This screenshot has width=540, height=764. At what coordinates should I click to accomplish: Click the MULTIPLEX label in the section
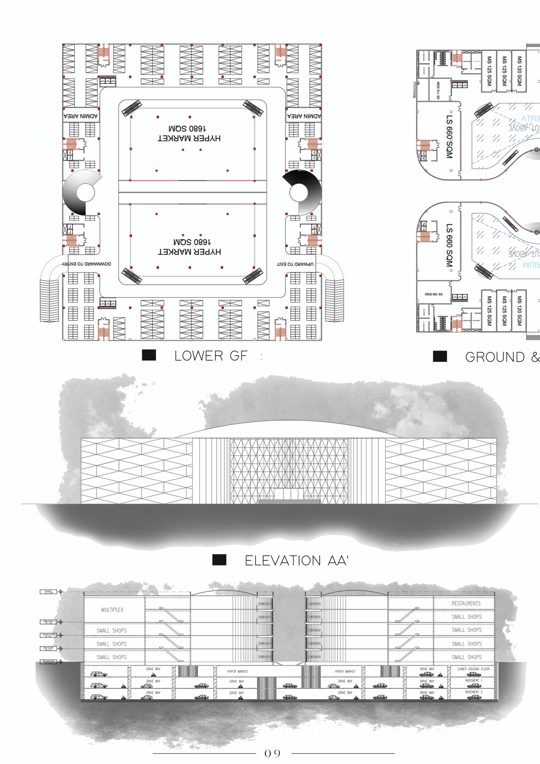[x=112, y=610]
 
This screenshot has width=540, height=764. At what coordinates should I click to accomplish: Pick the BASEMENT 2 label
[x=474, y=692]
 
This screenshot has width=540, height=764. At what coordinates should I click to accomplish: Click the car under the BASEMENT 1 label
[x=474, y=686]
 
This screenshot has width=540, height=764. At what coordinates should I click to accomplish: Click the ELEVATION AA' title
[x=296, y=561]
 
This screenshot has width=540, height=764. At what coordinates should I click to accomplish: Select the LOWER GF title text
[x=211, y=356]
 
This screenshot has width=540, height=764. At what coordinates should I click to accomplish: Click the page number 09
[x=272, y=753]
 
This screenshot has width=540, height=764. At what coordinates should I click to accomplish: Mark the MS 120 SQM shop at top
[x=519, y=71]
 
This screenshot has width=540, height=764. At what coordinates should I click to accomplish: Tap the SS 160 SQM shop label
[x=434, y=294]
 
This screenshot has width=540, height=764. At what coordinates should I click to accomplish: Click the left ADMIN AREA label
[x=81, y=116]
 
